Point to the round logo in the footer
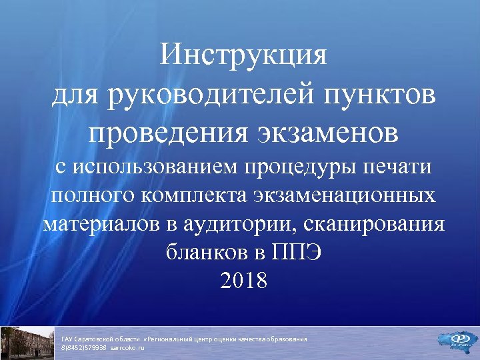pyautogui.click(x=459, y=340)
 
